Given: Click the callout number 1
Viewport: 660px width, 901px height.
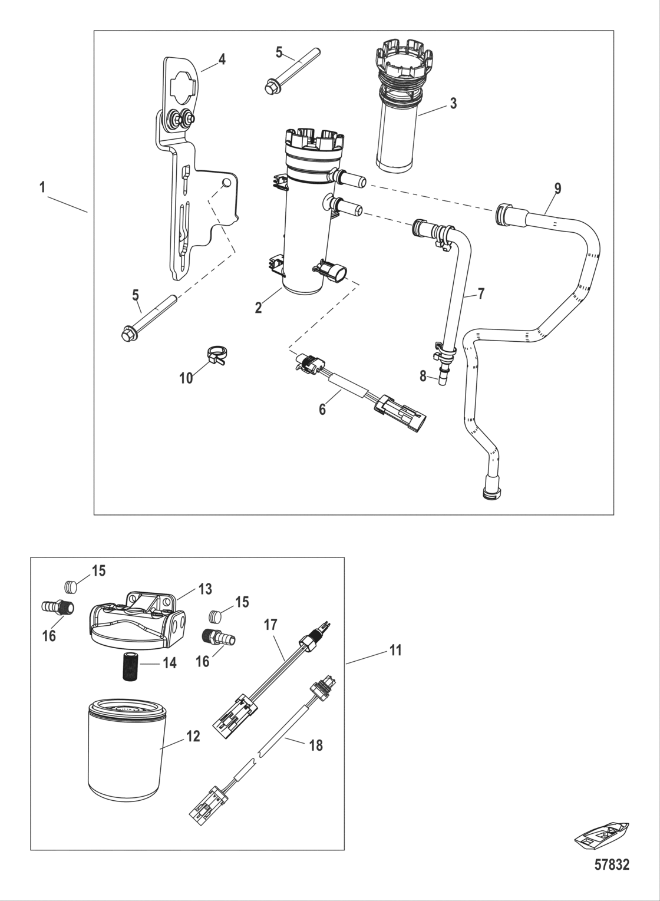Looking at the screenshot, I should click(42, 188).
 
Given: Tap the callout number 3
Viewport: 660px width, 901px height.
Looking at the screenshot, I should click(453, 104).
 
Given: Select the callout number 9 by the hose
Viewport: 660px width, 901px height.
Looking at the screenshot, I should click(557, 189).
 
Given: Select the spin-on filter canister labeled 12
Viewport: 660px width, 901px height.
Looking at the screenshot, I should click(124, 751).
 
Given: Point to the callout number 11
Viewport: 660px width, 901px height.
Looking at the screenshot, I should click(395, 651).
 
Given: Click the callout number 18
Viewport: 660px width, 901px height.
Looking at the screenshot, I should click(316, 745).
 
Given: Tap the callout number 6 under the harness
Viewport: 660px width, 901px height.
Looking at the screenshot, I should click(322, 409).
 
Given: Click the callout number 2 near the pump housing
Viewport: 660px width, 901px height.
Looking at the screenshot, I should click(258, 308).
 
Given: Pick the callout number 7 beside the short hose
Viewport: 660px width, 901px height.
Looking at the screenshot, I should click(481, 293).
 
